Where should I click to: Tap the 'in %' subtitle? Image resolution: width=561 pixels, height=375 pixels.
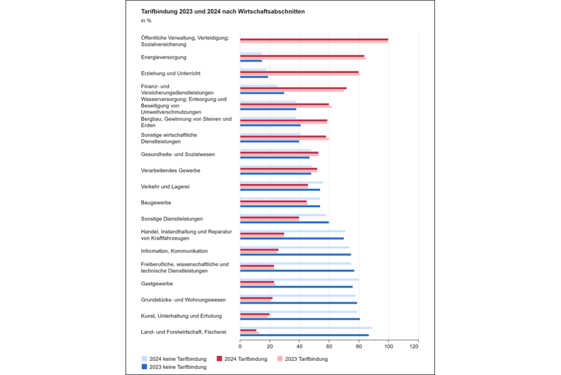pyautogui.click(x=146, y=21)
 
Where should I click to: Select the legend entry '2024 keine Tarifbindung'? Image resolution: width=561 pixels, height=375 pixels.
pyautogui.click(x=174, y=359)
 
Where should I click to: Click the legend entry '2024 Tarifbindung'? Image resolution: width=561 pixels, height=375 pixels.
pyautogui.click(x=242, y=359)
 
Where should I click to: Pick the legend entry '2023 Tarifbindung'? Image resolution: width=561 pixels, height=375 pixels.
pyautogui.click(x=302, y=359)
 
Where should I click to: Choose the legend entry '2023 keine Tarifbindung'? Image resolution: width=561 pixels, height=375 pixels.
pyautogui.click(x=174, y=367)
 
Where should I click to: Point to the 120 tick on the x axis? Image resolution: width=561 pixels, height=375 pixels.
pyautogui.click(x=414, y=346)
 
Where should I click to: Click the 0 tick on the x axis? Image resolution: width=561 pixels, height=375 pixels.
pyautogui.click(x=240, y=346)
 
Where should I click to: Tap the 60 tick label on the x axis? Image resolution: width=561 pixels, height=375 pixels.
pyautogui.click(x=329, y=346)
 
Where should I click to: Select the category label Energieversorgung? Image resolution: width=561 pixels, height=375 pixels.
pyautogui.click(x=164, y=57)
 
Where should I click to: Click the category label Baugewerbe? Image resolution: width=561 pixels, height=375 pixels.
pyautogui.click(x=156, y=202)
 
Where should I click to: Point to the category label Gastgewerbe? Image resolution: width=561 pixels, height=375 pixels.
pyautogui.click(x=157, y=284)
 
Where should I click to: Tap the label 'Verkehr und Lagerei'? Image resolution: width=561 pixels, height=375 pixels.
pyautogui.click(x=165, y=186)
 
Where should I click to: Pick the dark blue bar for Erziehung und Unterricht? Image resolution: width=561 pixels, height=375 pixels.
pyautogui.click(x=254, y=77)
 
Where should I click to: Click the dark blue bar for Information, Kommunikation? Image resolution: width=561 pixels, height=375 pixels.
pyautogui.click(x=296, y=254)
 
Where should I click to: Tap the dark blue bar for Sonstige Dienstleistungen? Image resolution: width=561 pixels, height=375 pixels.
pyautogui.click(x=284, y=222)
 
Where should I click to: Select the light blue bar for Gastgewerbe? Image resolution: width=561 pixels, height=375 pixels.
pyautogui.click(x=300, y=280)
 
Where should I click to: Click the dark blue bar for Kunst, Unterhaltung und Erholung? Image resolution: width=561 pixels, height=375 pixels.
pyautogui.click(x=300, y=319)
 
